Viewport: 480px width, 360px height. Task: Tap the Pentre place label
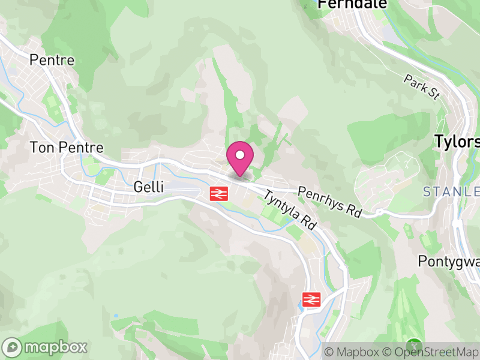tap(52, 60)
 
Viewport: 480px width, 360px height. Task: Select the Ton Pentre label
tap(67, 147)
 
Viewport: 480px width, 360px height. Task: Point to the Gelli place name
tap(148, 187)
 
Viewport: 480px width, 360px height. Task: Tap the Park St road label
tap(422, 88)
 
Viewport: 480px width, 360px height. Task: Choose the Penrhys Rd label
tap(331, 202)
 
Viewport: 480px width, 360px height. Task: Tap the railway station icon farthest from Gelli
tap(310, 299)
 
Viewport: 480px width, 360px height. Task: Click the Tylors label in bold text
tap(457, 142)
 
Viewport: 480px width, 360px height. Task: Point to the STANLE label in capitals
tap(451, 192)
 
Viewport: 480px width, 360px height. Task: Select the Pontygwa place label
tap(449, 262)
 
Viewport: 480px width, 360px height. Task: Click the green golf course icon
tap(413, 346)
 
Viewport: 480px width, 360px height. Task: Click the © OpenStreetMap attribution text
tap(432, 351)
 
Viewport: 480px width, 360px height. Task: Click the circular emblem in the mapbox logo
tap(13, 347)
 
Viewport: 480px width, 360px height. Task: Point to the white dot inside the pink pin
tap(240, 155)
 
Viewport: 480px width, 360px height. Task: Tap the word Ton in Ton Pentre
tap(40, 147)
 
